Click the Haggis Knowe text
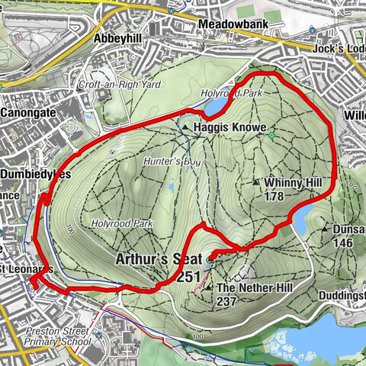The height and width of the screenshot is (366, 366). pyautogui.click(x=223, y=127)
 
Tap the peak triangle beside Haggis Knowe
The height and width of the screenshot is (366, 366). pyautogui.click(x=185, y=127)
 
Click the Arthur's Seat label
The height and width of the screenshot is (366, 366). pyautogui.click(x=158, y=259)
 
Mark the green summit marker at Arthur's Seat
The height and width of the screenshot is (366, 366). pyautogui.click(x=210, y=258)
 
